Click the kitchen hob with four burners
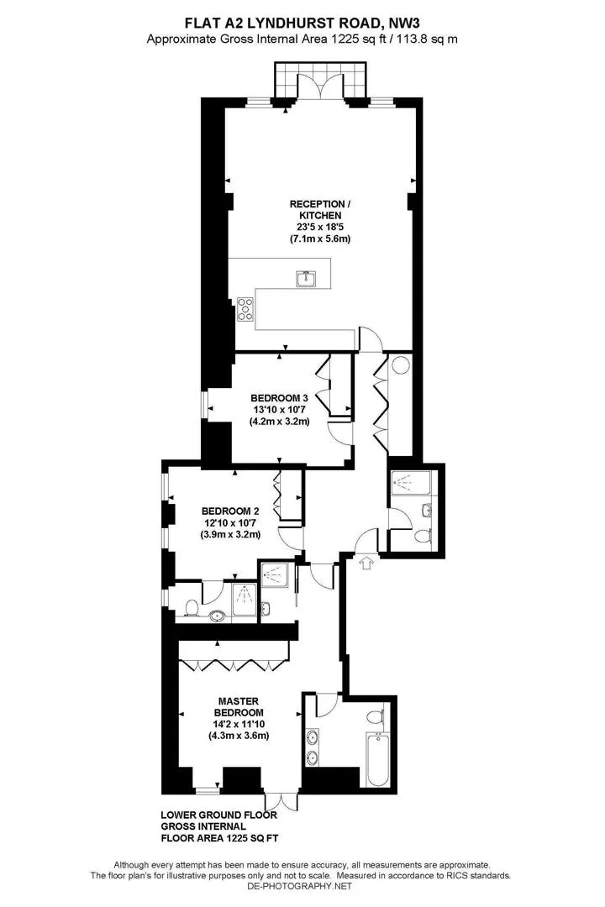click(x=245, y=309)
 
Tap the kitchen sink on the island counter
click(x=306, y=279)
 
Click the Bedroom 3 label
click(x=279, y=398)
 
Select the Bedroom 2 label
click(x=230, y=511)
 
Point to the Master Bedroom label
click(x=239, y=707)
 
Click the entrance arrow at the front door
click(x=366, y=562)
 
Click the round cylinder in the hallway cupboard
click(x=401, y=365)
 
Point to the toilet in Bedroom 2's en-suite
click(x=191, y=608)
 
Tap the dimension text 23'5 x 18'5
click(x=320, y=227)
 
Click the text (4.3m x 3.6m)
click(x=239, y=736)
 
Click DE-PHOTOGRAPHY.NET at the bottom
click(x=299, y=886)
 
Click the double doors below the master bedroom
click(x=282, y=801)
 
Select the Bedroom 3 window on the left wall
click(x=204, y=404)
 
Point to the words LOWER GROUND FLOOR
click(x=218, y=815)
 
